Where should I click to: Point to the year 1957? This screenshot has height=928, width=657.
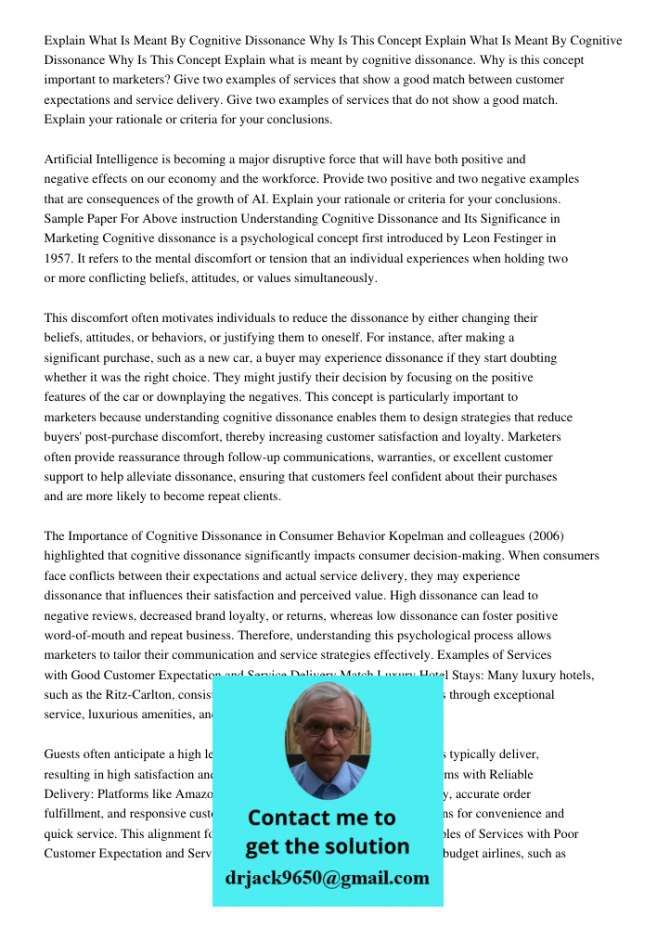click(59, 259)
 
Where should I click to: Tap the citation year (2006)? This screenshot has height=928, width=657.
click(541, 535)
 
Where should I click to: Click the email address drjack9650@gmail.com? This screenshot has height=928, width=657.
click(328, 878)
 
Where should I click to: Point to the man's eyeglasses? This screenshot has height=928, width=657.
click(328, 729)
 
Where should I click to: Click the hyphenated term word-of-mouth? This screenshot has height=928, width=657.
click(89, 636)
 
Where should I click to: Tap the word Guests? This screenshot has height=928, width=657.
click(64, 754)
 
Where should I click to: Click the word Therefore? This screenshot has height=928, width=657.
click(265, 636)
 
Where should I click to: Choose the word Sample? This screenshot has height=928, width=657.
click(64, 219)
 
